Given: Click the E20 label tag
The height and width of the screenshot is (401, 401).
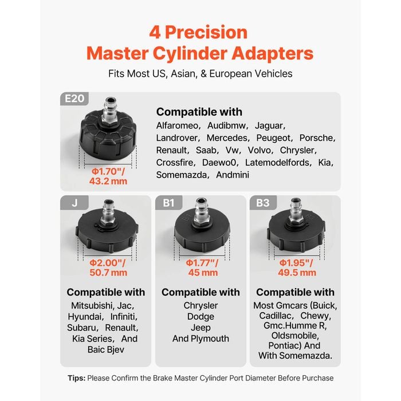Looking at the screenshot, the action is [74, 99].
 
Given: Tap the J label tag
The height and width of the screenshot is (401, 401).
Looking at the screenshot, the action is [74, 203].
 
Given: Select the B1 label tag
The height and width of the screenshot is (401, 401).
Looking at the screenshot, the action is [169, 203].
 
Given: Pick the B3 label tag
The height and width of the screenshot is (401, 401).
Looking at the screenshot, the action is [263, 203].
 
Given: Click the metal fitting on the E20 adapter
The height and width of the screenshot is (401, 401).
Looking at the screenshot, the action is [110, 111].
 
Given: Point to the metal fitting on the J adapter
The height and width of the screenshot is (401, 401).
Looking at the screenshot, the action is [109, 213].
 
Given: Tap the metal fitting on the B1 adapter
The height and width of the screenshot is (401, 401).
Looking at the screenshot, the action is [202, 211].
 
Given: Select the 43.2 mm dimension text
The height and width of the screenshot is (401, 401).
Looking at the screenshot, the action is [108, 182].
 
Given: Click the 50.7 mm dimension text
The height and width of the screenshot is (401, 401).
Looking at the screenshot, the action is [108, 273].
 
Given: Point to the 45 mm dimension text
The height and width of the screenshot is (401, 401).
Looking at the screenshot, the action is [203, 273].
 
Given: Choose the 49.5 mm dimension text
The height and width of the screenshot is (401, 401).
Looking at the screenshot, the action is [297, 273].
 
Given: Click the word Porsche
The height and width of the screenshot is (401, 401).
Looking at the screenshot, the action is [317, 138].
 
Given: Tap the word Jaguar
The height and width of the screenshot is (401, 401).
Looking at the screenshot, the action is [270, 125].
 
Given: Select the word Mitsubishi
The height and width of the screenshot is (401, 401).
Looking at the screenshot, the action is [92, 305].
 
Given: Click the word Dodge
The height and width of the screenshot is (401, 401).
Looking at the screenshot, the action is [200, 317].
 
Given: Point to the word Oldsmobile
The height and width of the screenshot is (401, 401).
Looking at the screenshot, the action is [294, 336].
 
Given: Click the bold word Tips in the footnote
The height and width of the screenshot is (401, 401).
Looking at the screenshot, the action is [76, 378].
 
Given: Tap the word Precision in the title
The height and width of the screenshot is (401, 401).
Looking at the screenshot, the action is [206, 33].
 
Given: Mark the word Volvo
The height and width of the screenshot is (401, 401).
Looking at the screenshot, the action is [260, 150].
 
